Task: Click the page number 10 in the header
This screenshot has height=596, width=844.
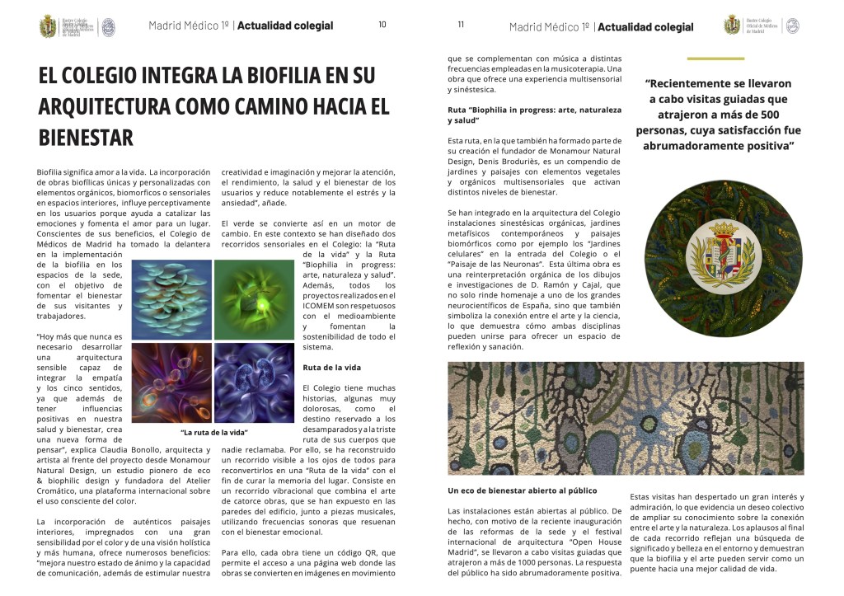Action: [382, 25]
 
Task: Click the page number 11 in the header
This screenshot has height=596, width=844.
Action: [461, 25]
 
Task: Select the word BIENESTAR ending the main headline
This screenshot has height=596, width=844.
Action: [86, 137]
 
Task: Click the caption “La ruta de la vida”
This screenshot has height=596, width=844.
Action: [214, 432]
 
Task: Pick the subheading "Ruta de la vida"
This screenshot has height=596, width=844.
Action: [330, 366]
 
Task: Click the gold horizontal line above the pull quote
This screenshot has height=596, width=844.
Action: [715, 59]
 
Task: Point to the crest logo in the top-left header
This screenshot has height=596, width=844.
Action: [49, 26]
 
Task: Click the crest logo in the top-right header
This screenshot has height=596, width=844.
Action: [732, 26]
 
